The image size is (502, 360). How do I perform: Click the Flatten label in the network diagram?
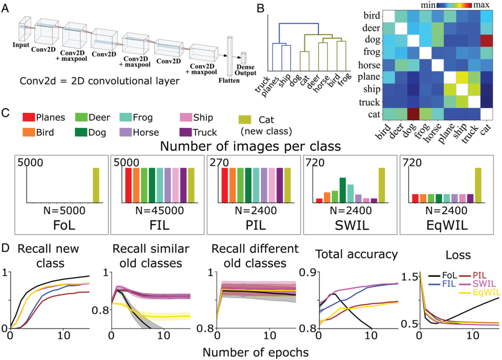(x=230, y=80)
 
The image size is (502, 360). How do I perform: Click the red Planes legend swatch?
(x=30, y=118)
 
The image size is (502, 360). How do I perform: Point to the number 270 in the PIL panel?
(x=219, y=162)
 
